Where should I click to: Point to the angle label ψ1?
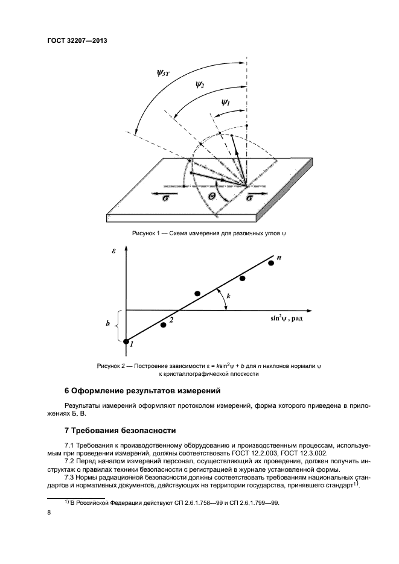226,104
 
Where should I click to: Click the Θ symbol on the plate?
212,197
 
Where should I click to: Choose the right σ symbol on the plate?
249,198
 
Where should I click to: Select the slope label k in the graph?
229,296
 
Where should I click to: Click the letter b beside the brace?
107,324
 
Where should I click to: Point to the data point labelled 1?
126,342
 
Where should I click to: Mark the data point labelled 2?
163,325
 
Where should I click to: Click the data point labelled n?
271,263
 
